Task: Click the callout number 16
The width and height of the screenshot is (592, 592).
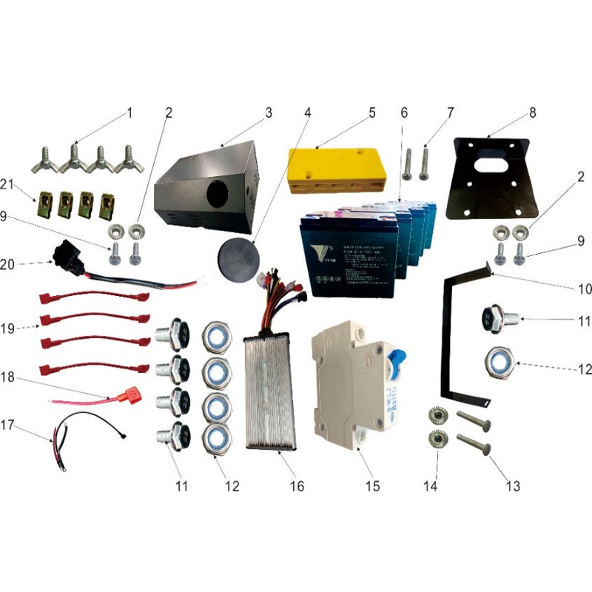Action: [297, 486]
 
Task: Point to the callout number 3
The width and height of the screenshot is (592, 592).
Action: [269, 112]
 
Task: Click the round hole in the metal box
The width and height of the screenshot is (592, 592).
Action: [218, 195]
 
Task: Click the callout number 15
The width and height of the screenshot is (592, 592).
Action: [372, 486]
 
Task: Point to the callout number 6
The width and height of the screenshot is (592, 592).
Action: [404, 112]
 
